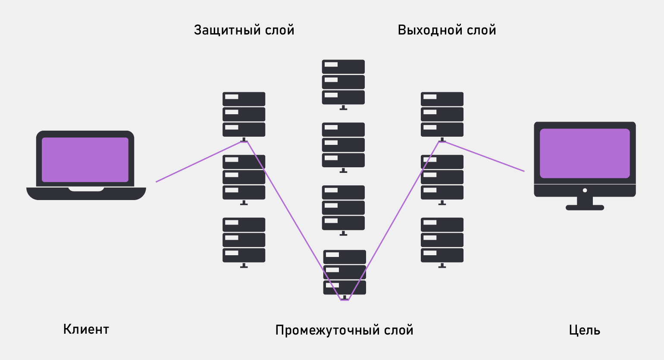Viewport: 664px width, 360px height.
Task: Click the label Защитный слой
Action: (x=244, y=30)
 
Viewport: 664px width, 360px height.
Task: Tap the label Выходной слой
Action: (x=447, y=30)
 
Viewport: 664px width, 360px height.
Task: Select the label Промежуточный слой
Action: (x=344, y=330)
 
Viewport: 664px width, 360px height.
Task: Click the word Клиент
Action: (x=86, y=329)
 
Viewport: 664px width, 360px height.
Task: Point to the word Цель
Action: (x=584, y=330)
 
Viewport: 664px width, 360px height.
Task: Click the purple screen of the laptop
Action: (x=85, y=160)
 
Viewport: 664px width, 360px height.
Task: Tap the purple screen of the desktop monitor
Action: (x=585, y=153)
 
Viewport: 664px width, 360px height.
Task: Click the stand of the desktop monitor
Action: (x=585, y=203)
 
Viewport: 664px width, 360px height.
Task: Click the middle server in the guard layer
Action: (x=244, y=177)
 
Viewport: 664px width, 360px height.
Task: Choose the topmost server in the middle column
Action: (x=343, y=82)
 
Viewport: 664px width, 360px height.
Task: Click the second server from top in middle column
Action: (x=343, y=145)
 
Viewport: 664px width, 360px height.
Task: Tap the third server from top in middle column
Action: (x=343, y=208)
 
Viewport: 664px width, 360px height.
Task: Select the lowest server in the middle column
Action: (x=345, y=272)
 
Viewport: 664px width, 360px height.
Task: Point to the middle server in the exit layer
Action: (x=442, y=177)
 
